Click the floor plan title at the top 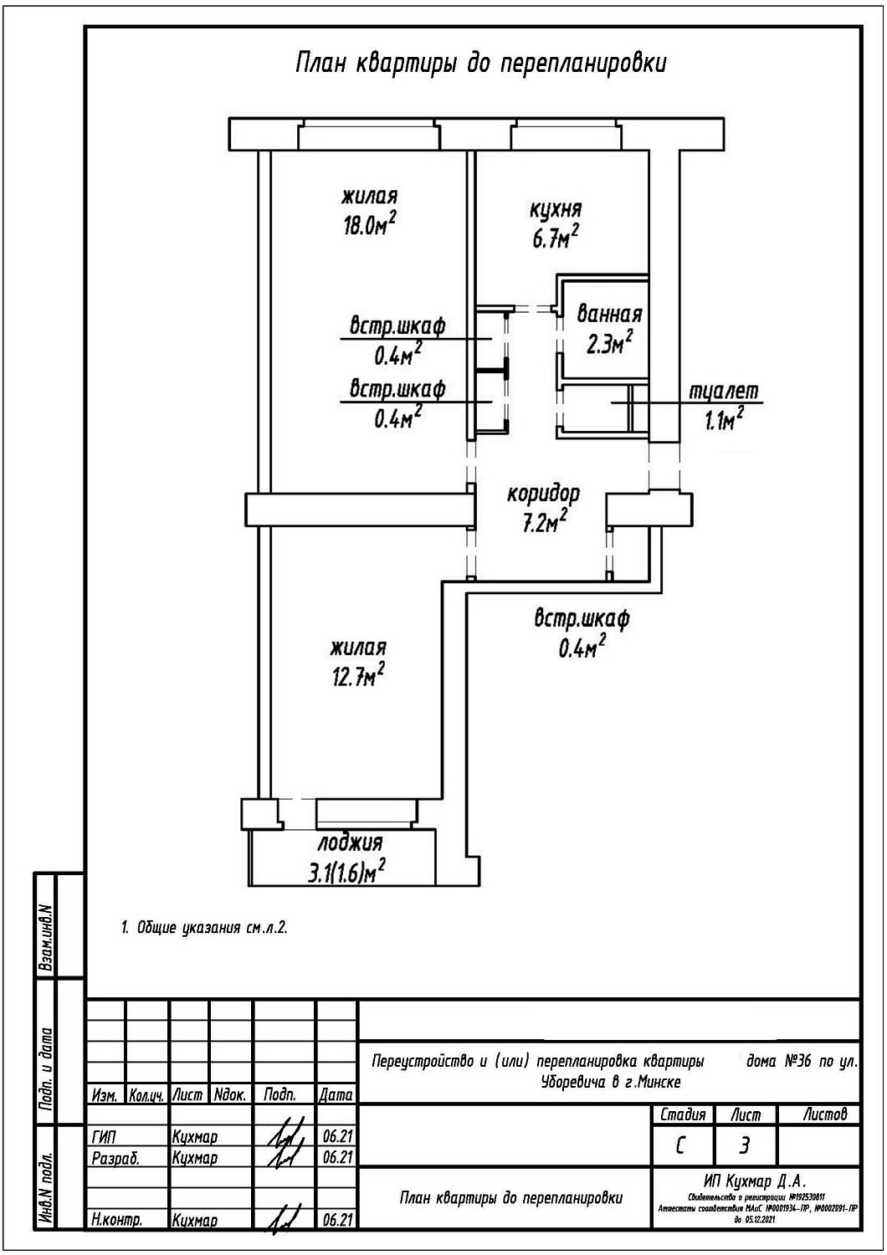click(481, 64)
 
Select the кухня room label click(556, 209)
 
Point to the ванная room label click(609, 315)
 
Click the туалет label click(724, 392)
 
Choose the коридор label click(543, 494)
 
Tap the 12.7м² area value click(358, 675)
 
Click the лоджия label click(350, 843)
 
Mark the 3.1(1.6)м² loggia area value click(346, 872)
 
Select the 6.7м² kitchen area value click(556, 238)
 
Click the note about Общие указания click(206, 928)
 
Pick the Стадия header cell click(683, 1114)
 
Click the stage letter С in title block click(680, 1145)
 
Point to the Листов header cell click(824, 1114)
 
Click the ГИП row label click(105, 1137)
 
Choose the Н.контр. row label click(116, 1221)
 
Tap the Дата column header click(336, 1094)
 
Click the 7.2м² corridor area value click(545, 524)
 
